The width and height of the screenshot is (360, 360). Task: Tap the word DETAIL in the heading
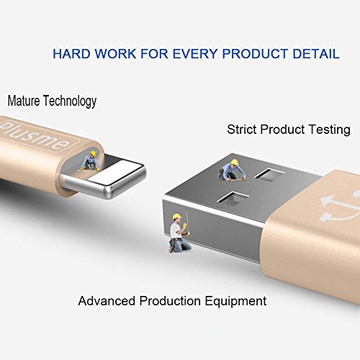pos(316,53)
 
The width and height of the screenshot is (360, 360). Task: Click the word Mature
pos(24,101)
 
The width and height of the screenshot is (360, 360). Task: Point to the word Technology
pos(70,102)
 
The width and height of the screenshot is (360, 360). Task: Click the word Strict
pos(242,130)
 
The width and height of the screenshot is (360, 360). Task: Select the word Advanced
pos(107,301)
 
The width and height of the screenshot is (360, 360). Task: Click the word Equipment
pos(235,302)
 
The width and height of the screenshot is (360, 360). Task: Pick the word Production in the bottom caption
pos(170,301)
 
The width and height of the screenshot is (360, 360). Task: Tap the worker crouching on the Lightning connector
pos(91,161)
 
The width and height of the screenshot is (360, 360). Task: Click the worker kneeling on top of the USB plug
pos(232,170)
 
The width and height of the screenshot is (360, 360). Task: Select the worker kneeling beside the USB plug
pos(179,233)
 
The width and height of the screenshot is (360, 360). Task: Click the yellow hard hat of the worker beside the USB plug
pos(177,217)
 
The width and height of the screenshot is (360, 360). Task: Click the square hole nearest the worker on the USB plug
pos(269,174)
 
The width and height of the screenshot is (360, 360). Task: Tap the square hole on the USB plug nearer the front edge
pos(233,199)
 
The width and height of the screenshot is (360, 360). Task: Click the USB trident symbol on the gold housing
pos(339,207)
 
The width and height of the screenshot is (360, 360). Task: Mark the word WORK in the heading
pos(115,53)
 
